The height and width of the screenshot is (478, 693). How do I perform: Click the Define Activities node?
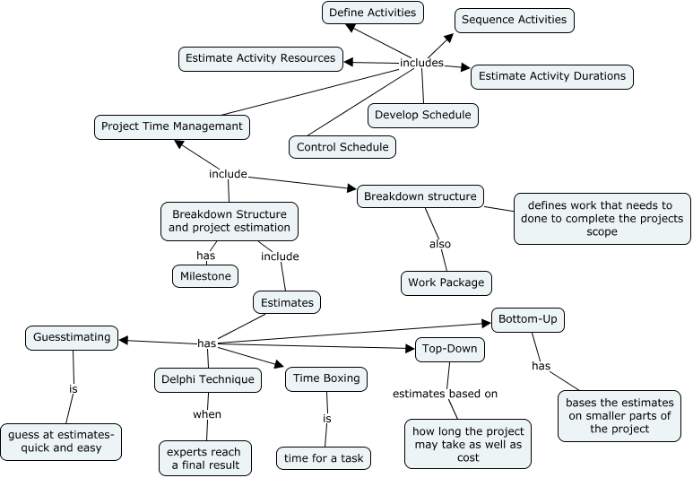pos(372,13)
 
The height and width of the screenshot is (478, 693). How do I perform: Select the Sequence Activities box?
pos(514,20)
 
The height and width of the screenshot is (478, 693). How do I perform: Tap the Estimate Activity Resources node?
pos(260,59)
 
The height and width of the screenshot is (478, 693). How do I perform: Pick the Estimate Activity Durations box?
pos(551,76)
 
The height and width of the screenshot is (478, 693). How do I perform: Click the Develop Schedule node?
pos(422,115)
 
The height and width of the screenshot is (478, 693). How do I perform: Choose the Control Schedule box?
pos(342,146)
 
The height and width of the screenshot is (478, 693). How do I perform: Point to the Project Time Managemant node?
pos(171,126)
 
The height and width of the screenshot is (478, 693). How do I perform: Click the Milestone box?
pos(205,275)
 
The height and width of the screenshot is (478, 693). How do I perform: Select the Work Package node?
pos(446,282)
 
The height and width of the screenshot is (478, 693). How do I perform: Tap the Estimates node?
pos(287,302)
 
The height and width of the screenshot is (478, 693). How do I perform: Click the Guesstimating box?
pos(72,337)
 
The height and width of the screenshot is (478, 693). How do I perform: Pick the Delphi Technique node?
pos(208,379)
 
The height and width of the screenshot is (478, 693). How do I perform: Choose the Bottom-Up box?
pos(528,319)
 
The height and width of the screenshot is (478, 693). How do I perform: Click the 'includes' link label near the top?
pos(421,63)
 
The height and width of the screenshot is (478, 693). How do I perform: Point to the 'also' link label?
pos(439,243)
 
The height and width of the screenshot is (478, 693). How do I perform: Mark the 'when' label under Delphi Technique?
pos(207,414)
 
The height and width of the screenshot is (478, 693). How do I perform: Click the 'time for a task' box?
pos(323,457)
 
